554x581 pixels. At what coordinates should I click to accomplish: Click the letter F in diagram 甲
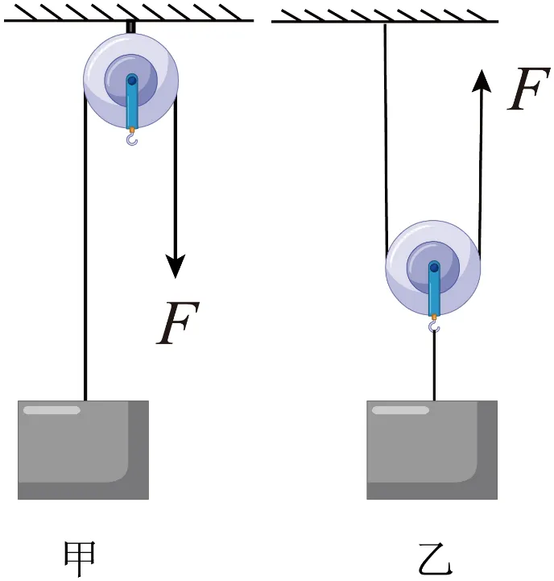click(177, 323)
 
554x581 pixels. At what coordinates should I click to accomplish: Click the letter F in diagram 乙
click(528, 89)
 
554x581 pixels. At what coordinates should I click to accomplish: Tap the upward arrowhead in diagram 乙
click(482, 81)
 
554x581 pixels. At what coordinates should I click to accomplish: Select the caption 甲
click(80, 558)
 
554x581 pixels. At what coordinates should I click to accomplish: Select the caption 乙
click(435, 559)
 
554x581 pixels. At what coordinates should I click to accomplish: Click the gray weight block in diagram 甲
click(83, 450)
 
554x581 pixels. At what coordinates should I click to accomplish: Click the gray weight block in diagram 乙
click(432, 450)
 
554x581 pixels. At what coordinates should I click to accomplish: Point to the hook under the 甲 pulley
click(132, 139)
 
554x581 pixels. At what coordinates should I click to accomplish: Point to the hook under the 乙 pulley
click(434, 327)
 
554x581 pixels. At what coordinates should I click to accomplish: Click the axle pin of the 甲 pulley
click(132, 80)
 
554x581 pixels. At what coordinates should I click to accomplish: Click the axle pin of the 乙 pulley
click(434, 268)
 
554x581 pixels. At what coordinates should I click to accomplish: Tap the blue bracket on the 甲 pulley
click(132, 102)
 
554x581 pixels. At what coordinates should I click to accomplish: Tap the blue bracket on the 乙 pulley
click(434, 289)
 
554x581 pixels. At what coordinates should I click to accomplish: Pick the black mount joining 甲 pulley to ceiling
click(130, 27)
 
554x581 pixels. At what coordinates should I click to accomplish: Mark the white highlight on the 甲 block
click(52, 410)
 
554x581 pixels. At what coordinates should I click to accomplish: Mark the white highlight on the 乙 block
click(401, 410)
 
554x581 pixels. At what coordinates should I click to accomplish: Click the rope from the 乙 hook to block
click(434, 366)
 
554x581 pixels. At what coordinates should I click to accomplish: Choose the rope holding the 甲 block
click(85, 247)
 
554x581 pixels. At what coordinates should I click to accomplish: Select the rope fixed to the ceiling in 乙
click(386, 137)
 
